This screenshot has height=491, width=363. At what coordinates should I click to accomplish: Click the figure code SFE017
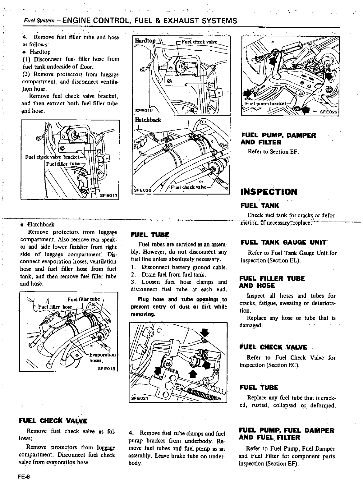click(x=108, y=195)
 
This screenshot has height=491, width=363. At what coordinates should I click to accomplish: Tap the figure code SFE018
click(x=106, y=369)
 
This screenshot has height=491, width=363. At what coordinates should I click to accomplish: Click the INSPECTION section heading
click(x=269, y=192)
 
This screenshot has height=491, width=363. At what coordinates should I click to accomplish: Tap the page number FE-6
click(x=24, y=478)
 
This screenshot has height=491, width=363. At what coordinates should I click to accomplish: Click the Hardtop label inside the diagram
click(x=145, y=41)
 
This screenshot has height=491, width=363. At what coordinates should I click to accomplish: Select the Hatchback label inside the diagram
click(x=148, y=120)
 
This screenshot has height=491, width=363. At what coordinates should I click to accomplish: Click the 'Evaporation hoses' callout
click(x=102, y=357)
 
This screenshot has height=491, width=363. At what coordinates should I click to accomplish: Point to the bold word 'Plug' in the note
click(x=143, y=299)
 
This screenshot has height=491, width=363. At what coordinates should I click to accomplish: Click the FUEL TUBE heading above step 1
click(x=150, y=235)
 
